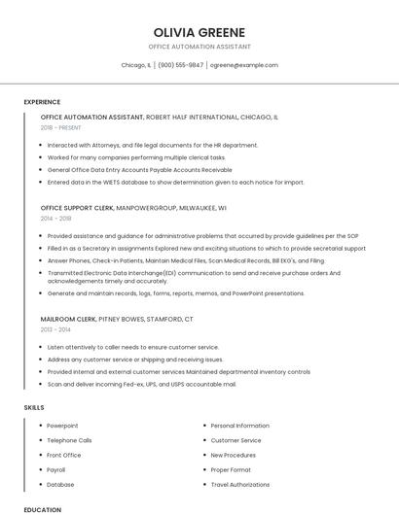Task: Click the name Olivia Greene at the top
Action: click(199, 32)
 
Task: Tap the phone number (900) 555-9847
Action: click(180, 65)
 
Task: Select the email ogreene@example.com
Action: click(243, 65)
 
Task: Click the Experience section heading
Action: click(42, 102)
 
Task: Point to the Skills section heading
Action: click(34, 407)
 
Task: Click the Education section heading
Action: click(42, 509)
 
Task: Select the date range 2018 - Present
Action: click(62, 127)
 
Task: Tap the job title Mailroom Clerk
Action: click(67, 319)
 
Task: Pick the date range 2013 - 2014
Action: click(55, 329)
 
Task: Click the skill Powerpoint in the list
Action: click(62, 426)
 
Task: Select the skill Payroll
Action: click(56, 469)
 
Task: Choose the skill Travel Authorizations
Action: click(240, 484)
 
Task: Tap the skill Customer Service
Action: click(236, 440)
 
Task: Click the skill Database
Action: click(60, 484)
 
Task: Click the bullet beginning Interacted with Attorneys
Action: click(152, 145)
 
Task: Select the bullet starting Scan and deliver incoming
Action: click(141, 384)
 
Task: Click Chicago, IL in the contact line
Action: click(136, 65)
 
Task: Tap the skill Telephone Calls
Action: click(69, 440)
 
